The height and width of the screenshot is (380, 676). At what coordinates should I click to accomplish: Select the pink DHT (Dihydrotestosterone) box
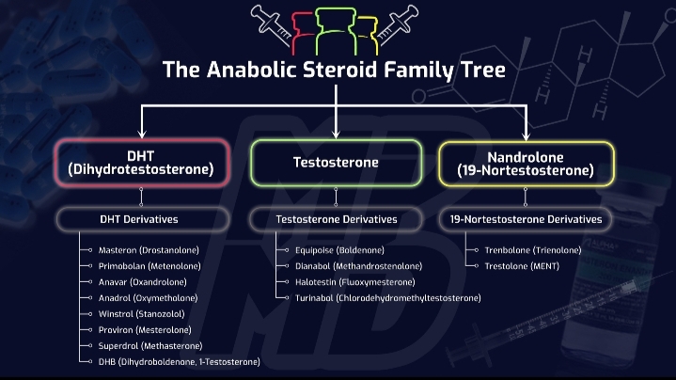click(x=141, y=163)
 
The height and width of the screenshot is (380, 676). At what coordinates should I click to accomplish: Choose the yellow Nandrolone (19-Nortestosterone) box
click(x=527, y=163)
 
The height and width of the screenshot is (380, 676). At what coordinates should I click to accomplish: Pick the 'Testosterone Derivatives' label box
click(x=336, y=219)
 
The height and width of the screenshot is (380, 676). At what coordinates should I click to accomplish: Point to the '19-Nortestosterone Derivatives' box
click(x=526, y=219)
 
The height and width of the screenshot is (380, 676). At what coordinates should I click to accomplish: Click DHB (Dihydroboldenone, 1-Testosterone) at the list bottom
click(x=179, y=361)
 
